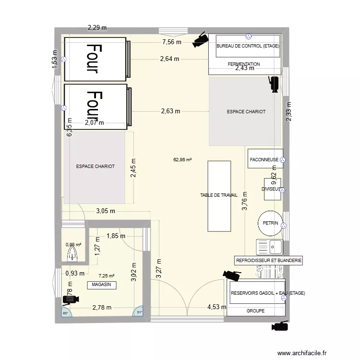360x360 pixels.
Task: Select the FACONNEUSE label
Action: pyautogui.click(x=264, y=159)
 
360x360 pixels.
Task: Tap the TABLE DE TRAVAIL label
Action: pyautogui.click(x=219, y=195)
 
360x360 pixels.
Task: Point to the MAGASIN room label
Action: pyautogui.click(x=102, y=285)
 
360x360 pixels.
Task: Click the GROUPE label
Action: pyautogui.click(x=255, y=311)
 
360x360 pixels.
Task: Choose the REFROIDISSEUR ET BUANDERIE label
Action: pyautogui.click(x=268, y=261)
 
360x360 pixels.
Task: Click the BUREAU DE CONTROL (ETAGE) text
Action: pyautogui.click(x=248, y=47)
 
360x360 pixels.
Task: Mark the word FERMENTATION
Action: pyautogui.click(x=244, y=64)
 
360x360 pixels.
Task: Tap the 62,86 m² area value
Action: pyautogui.click(x=183, y=159)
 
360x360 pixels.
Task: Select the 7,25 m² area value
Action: pyautogui.click(x=107, y=276)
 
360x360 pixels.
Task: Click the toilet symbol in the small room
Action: pyautogui.click(x=72, y=252)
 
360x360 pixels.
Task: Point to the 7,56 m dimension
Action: pyautogui.click(x=172, y=42)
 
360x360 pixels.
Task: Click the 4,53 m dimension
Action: pyautogui.click(x=216, y=307)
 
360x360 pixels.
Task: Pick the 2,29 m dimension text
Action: pyautogui.click(x=97, y=28)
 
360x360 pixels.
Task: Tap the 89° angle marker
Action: pyautogui.click(x=65, y=313)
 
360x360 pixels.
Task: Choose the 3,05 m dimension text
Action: pyautogui.click(x=106, y=210)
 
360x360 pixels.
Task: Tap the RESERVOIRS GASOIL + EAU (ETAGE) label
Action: pyautogui.click(x=268, y=293)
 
